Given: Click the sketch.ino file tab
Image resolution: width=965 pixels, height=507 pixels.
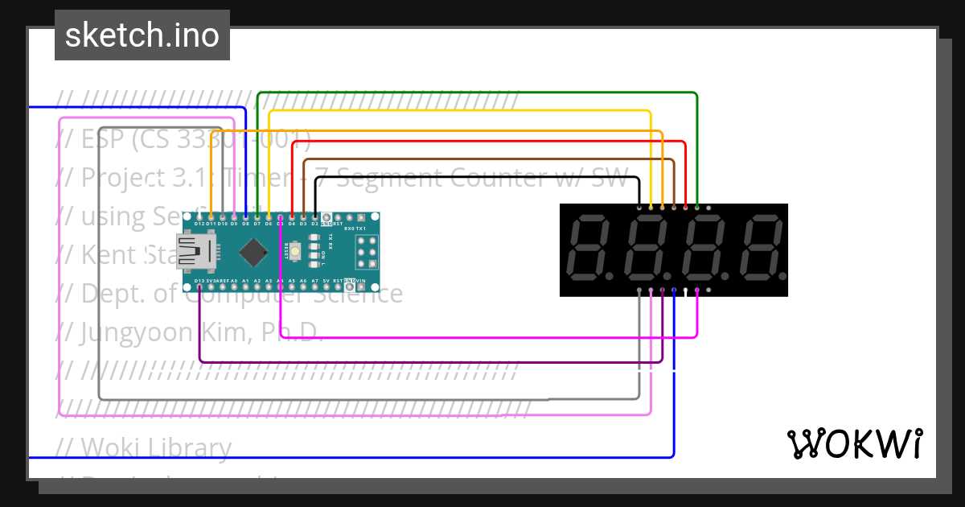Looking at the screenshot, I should (x=142, y=35).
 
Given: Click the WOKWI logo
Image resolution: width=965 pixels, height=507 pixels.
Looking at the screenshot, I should (x=854, y=443).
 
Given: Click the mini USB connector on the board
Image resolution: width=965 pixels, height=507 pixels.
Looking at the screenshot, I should (x=195, y=251).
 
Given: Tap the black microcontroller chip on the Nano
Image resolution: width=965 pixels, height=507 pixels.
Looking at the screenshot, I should (x=254, y=253).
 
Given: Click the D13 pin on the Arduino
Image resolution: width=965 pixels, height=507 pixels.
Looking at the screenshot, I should (x=199, y=286).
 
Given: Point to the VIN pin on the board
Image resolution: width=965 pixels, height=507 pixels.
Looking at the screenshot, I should (x=361, y=286).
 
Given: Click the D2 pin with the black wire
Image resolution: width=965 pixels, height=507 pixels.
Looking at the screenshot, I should (x=315, y=217).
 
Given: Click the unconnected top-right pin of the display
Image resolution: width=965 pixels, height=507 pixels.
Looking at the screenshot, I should (x=708, y=208).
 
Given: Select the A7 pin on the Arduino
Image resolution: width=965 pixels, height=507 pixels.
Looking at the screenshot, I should (x=314, y=286).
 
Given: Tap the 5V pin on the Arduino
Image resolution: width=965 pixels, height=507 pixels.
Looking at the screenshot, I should (x=326, y=286).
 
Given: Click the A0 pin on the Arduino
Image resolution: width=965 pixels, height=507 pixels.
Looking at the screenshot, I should (x=234, y=286).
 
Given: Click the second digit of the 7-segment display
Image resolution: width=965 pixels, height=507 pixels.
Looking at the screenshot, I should (x=647, y=249).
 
